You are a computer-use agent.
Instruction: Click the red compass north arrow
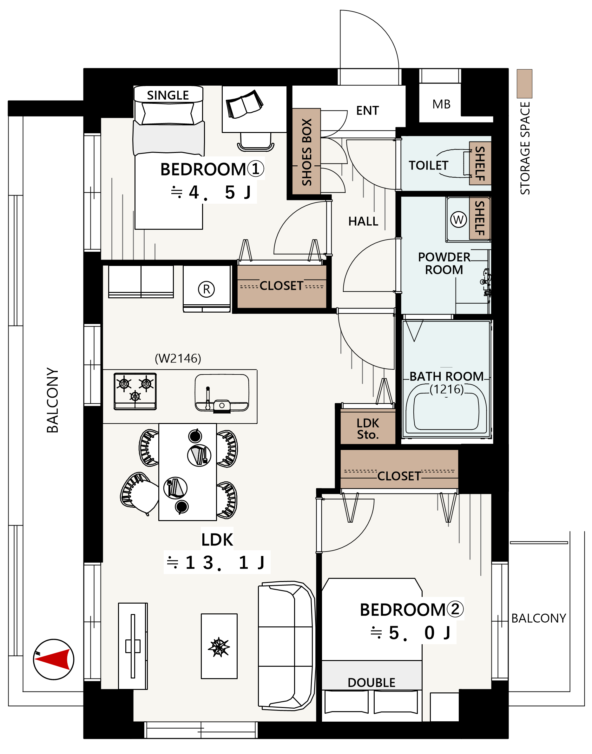coord(56,659)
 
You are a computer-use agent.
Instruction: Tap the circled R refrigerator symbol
coord(207,289)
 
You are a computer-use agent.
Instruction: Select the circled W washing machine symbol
coord(458,219)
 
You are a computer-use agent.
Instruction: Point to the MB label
coord(441,104)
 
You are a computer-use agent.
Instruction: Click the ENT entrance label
coord(367,110)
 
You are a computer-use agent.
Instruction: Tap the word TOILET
coord(428,165)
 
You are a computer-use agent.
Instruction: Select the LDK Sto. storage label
coord(368,429)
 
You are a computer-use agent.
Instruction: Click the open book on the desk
coord(244,104)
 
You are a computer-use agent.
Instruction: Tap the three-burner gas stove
coord(135,391)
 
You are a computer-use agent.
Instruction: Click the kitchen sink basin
coord(222,393)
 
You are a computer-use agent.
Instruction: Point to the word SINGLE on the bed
coord(168,95)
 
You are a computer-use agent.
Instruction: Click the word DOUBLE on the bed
coord(372,683)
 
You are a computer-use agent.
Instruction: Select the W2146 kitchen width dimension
coord(178,359)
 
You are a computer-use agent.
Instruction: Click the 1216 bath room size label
coord(447,389)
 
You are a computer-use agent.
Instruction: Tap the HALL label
coord(363,221)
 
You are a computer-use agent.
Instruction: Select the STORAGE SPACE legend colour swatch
coord(524,83)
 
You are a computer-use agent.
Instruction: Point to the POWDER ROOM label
coord(444,263)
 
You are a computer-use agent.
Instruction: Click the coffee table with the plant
coord(219,646)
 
